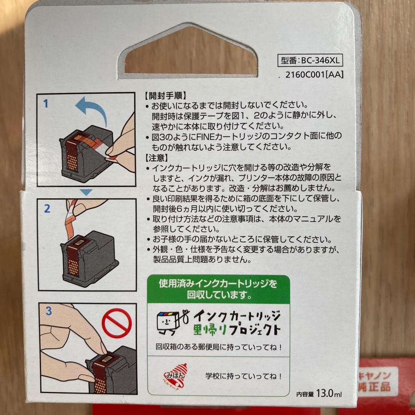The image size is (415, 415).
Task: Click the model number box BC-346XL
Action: tap(310, 60)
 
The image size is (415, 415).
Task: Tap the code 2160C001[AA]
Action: tap(314, 75)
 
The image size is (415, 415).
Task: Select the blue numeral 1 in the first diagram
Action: tap(46, 103)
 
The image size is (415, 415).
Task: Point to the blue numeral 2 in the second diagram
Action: tap(47, 209)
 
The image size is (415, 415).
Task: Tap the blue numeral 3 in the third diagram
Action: tap(48, 311)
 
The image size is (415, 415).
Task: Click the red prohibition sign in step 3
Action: tap(117, 323)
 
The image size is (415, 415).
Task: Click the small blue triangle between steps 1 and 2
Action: tap(86, 192)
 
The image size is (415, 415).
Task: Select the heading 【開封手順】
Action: tap(166, 95)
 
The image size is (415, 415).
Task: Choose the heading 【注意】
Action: tap(156, 158)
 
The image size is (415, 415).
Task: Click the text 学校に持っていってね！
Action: tap(244, 376)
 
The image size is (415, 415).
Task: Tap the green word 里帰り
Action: tap(210, 330)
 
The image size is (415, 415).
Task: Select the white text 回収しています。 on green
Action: tap(219, 295)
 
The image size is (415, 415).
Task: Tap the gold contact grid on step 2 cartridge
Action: tap(73, 268)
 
